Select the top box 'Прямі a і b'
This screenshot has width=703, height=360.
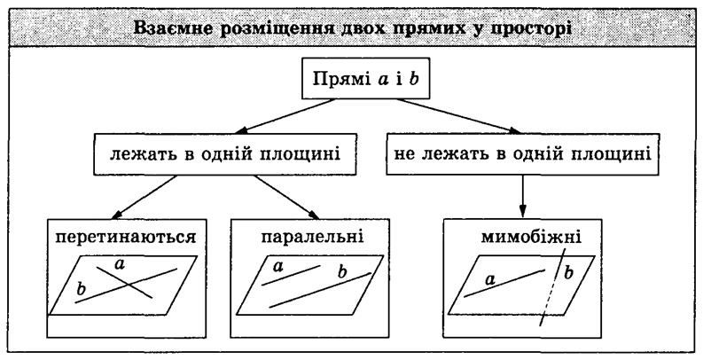pyautogui.click(x=366, y=78)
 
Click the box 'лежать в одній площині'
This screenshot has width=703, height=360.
pyautogui.click(x=225, y=153)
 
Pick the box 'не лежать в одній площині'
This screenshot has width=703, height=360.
pyautogui.click(x=523, y=153)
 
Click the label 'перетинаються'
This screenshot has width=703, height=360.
pyautogui.click(x=126, y=237)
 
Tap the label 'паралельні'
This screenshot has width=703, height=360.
pyautogui.click(x=313, y=237)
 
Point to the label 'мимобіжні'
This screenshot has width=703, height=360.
pyautogui.click(x=531, y=236)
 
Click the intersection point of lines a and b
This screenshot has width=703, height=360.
pyautogui.click(x=129, y=285)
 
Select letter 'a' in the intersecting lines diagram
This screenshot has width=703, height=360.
pyautogui.click(x=120, y=265)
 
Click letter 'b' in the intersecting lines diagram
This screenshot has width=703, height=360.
pyautogui.click(x=81, y=289)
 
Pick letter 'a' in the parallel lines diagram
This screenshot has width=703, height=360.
pyautogui.click(x=278, y=267)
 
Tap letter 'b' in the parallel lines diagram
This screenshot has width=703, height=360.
pyautogui.click(x=343, y=271)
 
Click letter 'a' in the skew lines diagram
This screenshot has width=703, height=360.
pyautogui.click(x=490, y=280)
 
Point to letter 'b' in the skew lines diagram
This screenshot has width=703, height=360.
pyautogui.click(x=568, y=272)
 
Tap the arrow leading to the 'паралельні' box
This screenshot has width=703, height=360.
pyautogui.click(x=287, y=197)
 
